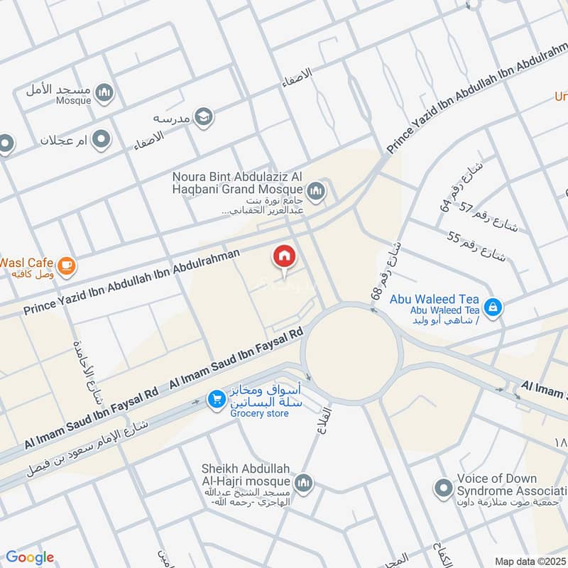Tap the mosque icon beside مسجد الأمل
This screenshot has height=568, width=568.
[105, 92]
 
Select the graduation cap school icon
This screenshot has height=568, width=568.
[204, 116]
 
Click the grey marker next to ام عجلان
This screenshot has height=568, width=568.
[102, 139]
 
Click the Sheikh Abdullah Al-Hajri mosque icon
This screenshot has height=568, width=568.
[303, 483]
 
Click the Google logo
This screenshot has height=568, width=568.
[30, 557]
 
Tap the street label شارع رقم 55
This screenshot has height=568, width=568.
[476, 246]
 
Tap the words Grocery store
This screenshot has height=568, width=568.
[259, 413]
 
